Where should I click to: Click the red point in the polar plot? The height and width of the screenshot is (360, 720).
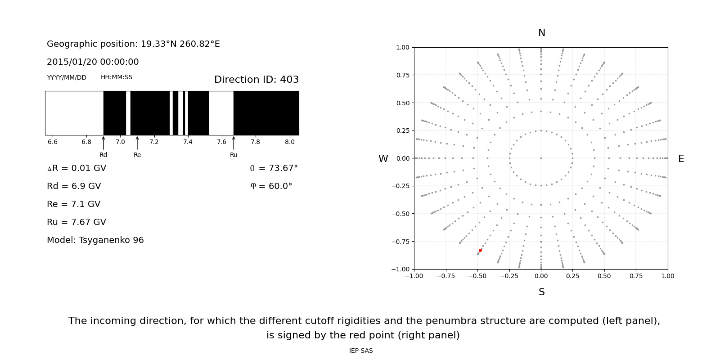pyautogui.click(x=480, y=250)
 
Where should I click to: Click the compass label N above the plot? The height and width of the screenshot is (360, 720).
pyautogui.click(x=541, y=33)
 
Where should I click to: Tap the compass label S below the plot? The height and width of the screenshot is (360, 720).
pyautogui.click(x=541, y=292)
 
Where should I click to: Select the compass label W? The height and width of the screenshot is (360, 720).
pyautogui.click(x=383, y=159)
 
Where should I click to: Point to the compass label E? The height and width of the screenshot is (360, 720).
pyautogui.click(x=681, y=159)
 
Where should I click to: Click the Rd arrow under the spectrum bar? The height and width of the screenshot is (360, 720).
pyautogui.click(x=103, y=143)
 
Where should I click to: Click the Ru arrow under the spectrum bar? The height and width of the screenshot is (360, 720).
pyautogui.click(x=234, y=143)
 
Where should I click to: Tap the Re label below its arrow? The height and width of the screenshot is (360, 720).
pyautogui.click(x=137, y=155)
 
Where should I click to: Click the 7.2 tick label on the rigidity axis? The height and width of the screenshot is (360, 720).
pyautogui.click(x=154, y=142)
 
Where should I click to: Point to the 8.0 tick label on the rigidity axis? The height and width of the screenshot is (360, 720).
pyautogui.click(x=289, y=142)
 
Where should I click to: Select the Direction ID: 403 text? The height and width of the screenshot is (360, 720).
pyautogui.click(x=256, y=80)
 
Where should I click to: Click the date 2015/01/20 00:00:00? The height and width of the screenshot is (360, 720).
pyautogui.click(x=93, y=62)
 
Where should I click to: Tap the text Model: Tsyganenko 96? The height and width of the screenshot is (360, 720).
pyautogui.click(x=95, y=240)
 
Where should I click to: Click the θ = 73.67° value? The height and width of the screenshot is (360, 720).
pyautogui.click(x=274, y=168)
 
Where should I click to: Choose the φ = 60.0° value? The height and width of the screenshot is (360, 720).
pyautogui.click(x=271, y=186)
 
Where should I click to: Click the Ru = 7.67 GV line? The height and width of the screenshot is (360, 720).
pyautogui.click(x=76, y=222)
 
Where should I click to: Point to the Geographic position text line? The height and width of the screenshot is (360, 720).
pyautogui.click(x=133, y=44)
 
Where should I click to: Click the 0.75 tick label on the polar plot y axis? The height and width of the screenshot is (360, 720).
pyautogui.click(x=402, y=75)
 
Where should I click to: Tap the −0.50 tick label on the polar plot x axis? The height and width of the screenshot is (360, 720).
pyautogui.click(x=477, y=276)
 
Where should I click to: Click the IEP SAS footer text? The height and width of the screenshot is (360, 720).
pyautogui.click(x=361, y=351)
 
